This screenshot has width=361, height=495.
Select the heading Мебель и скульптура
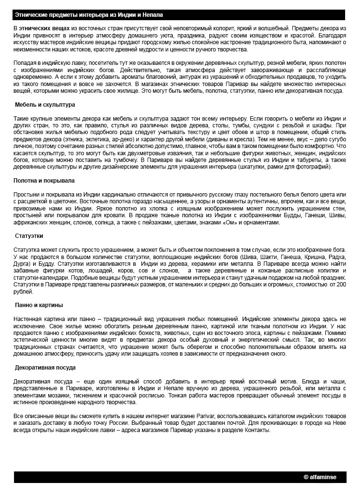[x=45, y=104]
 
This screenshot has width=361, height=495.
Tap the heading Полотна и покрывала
[x=44, y=181]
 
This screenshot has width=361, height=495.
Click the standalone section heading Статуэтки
[x=30, y=236]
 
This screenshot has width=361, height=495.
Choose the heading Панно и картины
[x=39, y=305]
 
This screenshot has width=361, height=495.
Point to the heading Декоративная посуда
[x=45, y=368]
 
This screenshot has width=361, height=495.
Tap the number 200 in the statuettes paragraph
[x=341, y=285]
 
